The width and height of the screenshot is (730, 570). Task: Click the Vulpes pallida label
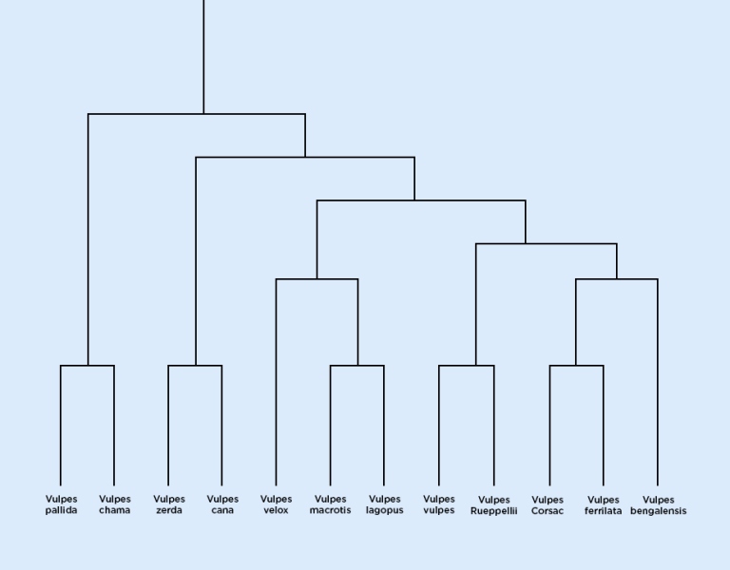tap(61, 504)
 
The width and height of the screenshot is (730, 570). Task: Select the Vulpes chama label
tap(115, 504)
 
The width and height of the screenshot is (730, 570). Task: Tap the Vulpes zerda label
tap(169, 504)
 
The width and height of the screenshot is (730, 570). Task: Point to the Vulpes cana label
tap(222, 504)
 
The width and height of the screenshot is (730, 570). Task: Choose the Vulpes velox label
tap(276, 504)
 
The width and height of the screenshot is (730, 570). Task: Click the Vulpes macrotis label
tap(330, 504)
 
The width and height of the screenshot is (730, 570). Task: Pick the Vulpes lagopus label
tap(384, 504)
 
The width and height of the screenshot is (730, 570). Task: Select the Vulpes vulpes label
tap(439, 504)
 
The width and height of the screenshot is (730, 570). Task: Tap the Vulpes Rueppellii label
tap(494, 505)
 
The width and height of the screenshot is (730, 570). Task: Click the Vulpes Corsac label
tap(547, 505)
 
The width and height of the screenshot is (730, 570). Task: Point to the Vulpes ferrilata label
tap(604, 505)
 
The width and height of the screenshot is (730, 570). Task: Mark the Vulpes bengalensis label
tap(658, 505)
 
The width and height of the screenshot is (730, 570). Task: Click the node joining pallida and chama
tap(88, 366)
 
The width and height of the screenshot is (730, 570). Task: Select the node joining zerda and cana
tap(196, 366)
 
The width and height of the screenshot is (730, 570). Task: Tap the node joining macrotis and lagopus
tap(357, 366)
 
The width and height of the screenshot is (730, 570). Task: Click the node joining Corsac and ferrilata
tap(576, 366)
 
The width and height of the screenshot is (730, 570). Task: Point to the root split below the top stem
tap(203, 114)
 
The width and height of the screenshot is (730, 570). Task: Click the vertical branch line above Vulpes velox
tap(276, 380)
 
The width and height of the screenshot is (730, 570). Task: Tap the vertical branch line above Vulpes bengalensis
tap(658, 380)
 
